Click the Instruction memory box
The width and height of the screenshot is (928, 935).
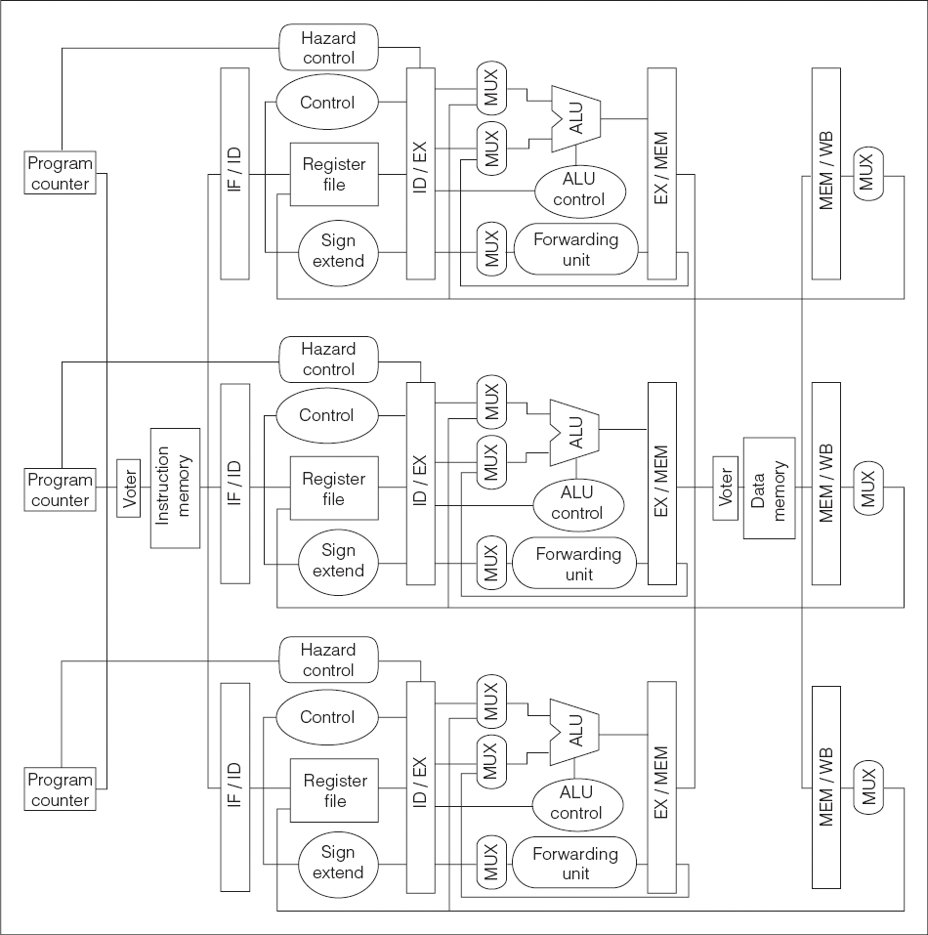point(175,488)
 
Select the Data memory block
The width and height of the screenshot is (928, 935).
point(769,489)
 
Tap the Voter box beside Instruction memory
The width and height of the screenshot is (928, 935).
point(129,489)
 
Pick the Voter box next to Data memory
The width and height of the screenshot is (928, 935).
point(726,489)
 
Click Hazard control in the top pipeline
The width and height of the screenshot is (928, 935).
point(328,48)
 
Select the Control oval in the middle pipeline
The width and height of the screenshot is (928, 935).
point(327,415)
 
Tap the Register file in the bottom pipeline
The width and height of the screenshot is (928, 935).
point(334,790)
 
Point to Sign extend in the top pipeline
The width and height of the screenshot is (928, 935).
point(338,251)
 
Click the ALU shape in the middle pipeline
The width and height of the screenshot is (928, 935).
point(574,432)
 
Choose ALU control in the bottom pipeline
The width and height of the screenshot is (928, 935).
point(577,803)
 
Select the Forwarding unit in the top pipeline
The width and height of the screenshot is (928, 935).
point(575,249)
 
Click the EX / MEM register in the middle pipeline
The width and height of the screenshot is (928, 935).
point(662,483)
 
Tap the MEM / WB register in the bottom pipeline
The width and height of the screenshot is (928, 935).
point(826,787)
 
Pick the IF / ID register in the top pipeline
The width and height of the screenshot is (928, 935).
point(234,174)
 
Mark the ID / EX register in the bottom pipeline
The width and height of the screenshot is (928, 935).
point(421,787)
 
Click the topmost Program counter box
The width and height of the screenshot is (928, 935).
point(61,172)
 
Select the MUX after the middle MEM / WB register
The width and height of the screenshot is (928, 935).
point(868,488)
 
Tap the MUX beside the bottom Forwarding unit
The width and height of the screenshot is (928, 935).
point(491,863)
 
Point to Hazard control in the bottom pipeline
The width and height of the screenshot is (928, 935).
point(328,659)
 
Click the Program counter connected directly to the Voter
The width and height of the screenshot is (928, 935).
point(61,489)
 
